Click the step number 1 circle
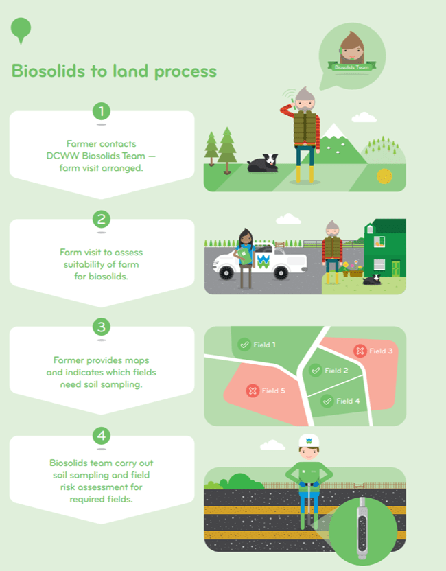(101, 110)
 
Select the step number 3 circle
(101, 325)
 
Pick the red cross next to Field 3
(360, 351)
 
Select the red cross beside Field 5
(252, 391)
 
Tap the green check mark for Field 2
(315, 371)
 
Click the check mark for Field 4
(327, 401)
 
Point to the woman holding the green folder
(245, 257)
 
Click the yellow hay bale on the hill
(384, 176)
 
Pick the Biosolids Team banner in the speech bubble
(351, 67)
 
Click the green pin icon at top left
(21, 30)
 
